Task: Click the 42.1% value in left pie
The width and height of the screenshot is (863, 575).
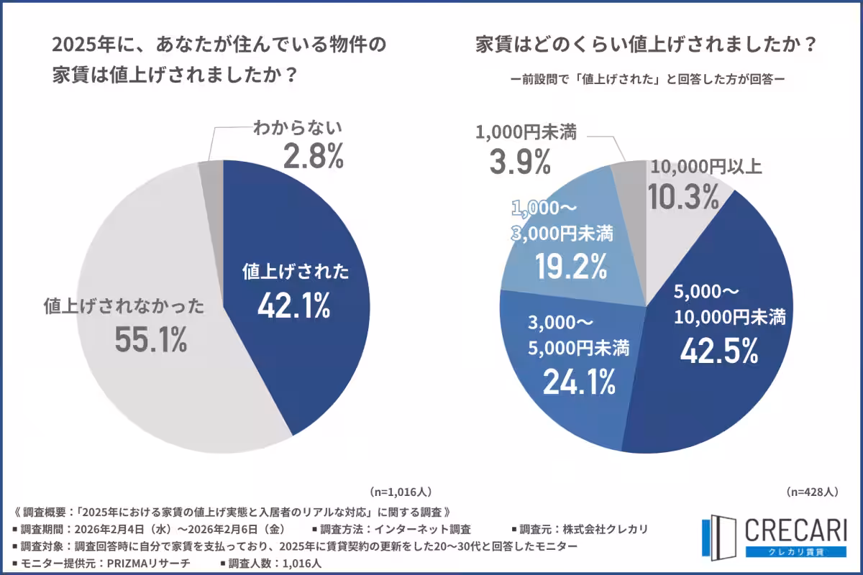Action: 293,306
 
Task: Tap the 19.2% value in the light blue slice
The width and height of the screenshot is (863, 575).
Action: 570,267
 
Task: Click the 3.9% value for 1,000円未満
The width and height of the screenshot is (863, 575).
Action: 520,162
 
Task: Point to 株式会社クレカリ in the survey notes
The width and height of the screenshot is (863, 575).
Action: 603,530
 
